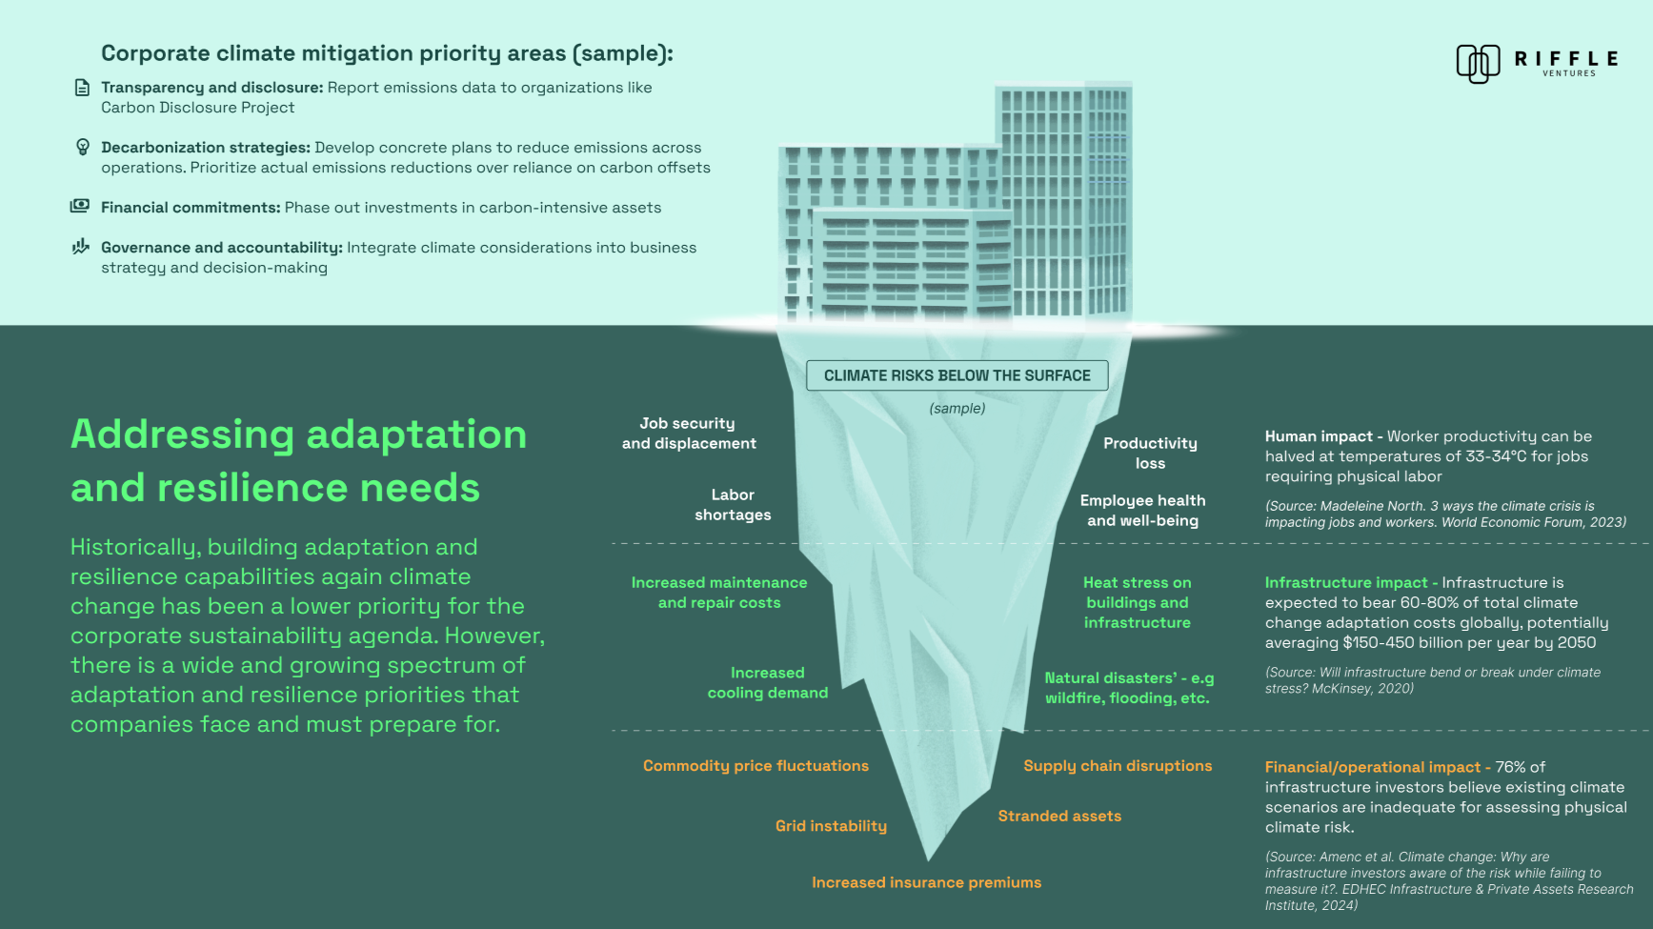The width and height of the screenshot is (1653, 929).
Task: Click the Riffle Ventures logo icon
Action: coord(1478,64)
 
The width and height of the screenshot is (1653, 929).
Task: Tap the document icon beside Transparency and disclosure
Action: coord(83,88)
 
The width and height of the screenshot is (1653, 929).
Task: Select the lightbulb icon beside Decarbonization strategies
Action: coord(83,147)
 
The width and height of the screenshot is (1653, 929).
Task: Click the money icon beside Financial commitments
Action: coord(80,206)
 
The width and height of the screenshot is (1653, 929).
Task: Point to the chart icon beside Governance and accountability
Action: coord(81,247)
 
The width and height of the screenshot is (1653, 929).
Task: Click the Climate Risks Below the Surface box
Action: coord(957,375)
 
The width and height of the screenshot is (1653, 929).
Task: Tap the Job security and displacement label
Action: coord(689,434)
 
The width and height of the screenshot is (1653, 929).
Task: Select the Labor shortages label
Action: coord(733,505)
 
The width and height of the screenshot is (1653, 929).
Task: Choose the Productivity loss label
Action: coord(1150,454)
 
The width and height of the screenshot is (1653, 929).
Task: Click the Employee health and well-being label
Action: coord(1142,511)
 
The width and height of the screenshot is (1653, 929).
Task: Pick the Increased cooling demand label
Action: coord(768,683)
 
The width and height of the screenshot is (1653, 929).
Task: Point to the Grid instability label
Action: coord(831,826)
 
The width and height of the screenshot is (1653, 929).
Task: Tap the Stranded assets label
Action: coord(1059,817)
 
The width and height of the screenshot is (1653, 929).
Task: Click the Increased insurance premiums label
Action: coord(926,883)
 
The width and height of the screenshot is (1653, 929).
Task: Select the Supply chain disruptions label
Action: coord(1118,766)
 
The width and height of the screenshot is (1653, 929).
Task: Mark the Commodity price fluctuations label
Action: coord(756,766)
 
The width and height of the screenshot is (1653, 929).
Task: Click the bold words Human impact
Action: coord(1319,436)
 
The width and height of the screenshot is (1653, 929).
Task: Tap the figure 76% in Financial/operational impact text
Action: coord(1510,767)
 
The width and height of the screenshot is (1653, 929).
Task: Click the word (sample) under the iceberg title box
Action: coord(958,409)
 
